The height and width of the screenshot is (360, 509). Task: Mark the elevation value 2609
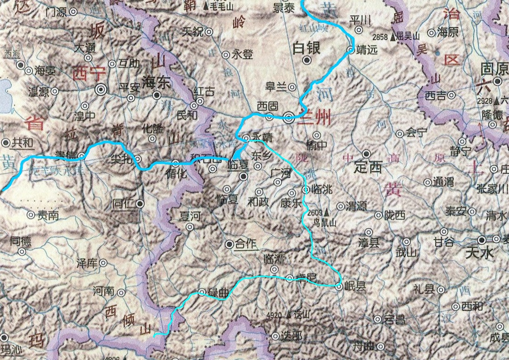(x=315, y=213)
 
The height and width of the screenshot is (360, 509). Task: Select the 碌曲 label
(x=219, y=293)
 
